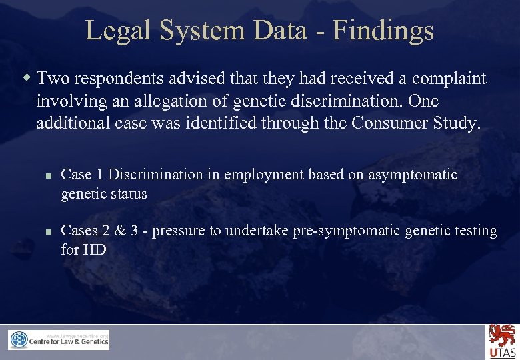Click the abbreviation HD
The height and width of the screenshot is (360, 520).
(x=95, y=250)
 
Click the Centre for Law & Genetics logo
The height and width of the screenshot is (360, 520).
(x=59, y=340)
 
